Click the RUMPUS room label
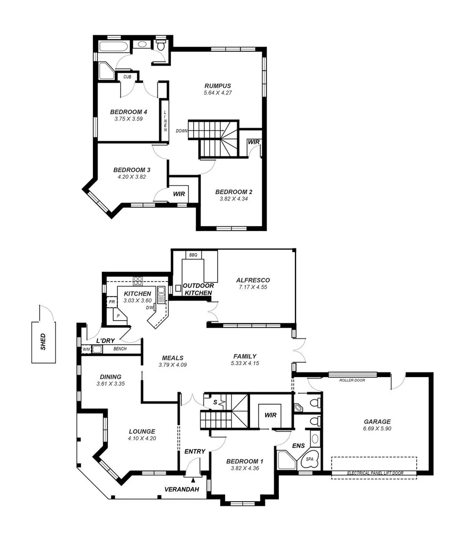pyautogui.click(x=217, y=86)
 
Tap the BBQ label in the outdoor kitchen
pyautogui.click(x=193, y=255)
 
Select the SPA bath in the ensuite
pyautogui.click(x=310, y=459)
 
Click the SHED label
pyautogui.click(x=43, y=342)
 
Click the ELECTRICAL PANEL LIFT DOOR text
pyautogui.click(x=375, y=473)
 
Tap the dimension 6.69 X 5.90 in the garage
pyautogui.click(x=377, y=428)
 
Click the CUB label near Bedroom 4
pyautogui.click(x=127, y=77)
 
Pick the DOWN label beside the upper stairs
pyautogui.click(x=181, y=131)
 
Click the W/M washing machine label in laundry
pyautogui.click(x=86, y=350)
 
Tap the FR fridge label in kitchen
pyautogui.click(x=111, y=301)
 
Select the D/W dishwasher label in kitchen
pyautogui.click(x=150, y=308)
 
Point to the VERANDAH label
pyautogui.click(x=181, y=490)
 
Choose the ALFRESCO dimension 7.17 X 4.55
pyautogui.click(x=253, y=287)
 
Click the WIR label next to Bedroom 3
pyautogui.click(x=179, y=194)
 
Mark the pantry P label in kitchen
pyautogui.click(x=118, y=315)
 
